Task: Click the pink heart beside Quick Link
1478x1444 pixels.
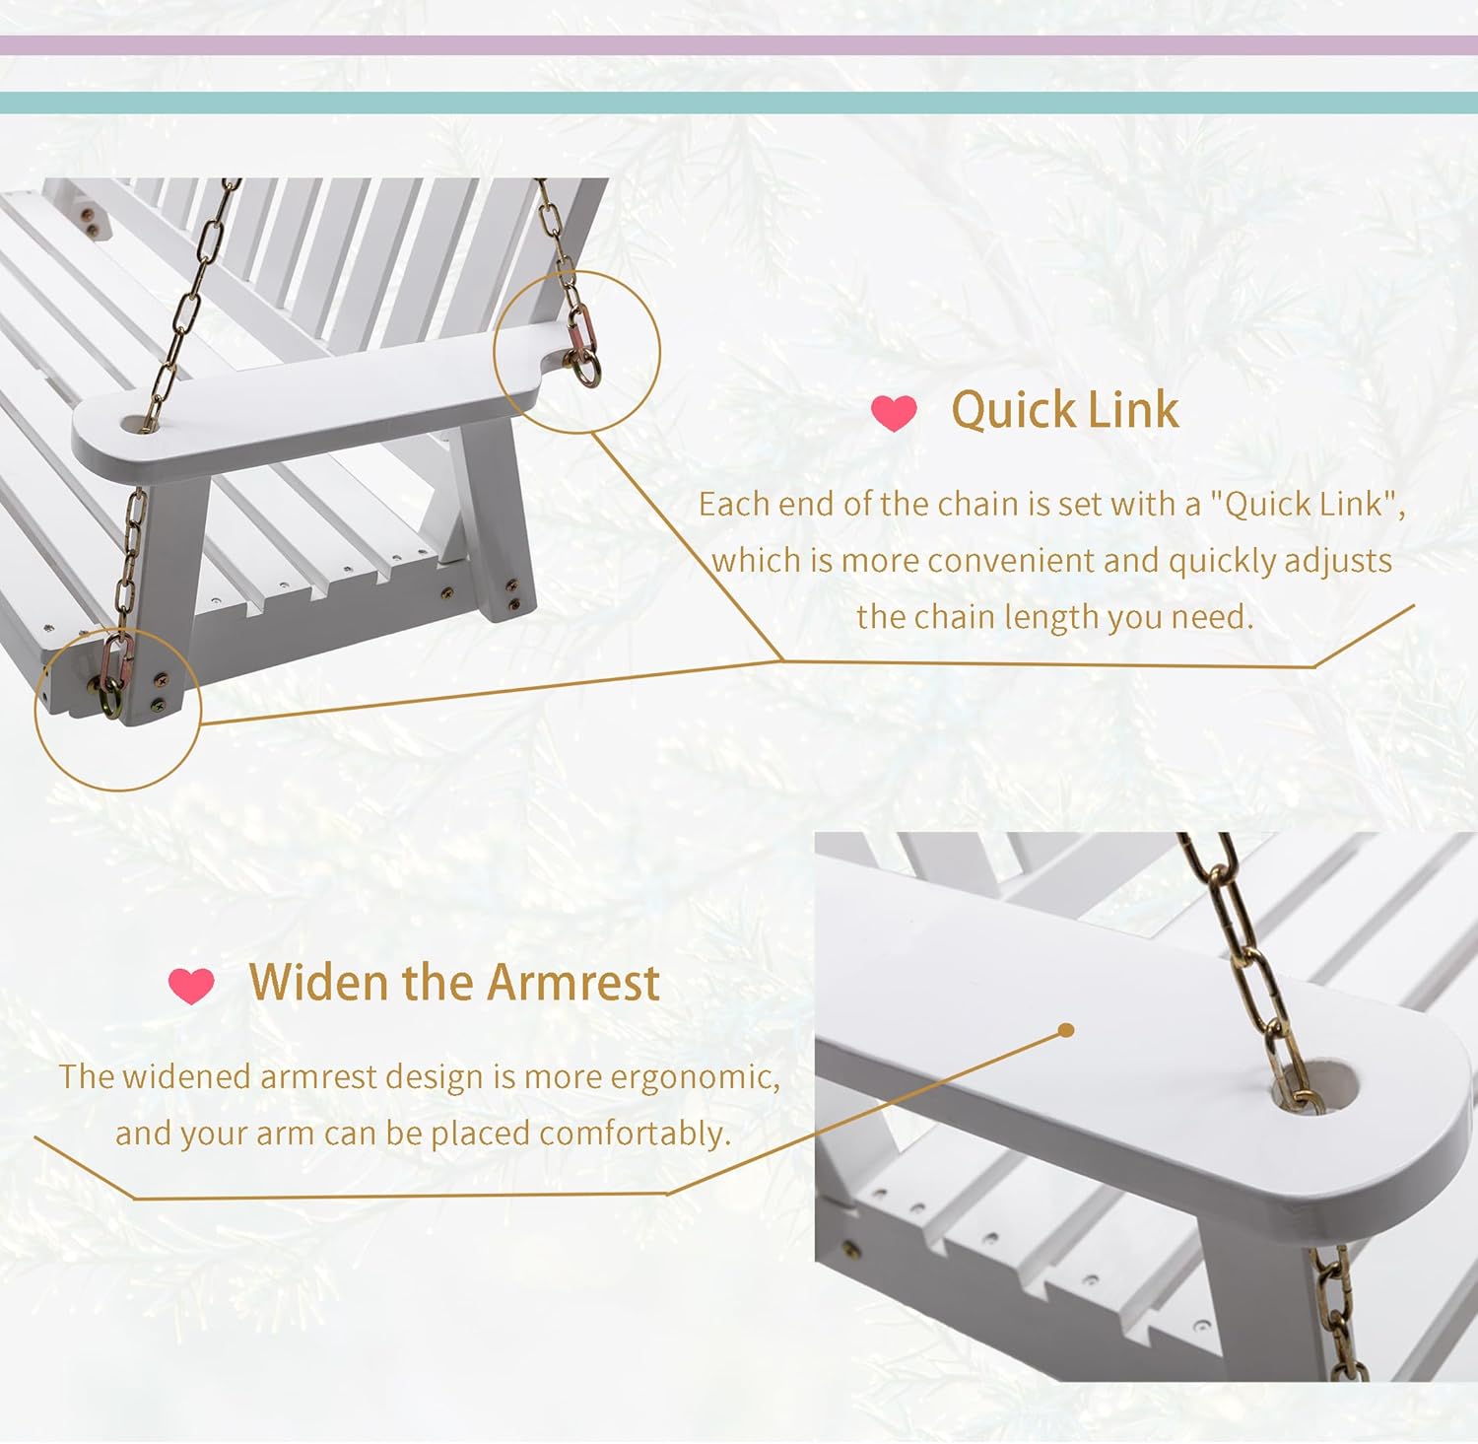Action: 894,413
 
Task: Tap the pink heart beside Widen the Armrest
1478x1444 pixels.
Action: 191,985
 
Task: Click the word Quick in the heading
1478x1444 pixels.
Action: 1013,410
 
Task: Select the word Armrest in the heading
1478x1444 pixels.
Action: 573,983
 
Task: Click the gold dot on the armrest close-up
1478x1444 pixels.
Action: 1065,1030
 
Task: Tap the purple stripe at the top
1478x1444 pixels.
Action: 739,45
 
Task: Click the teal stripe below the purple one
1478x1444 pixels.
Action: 739,103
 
